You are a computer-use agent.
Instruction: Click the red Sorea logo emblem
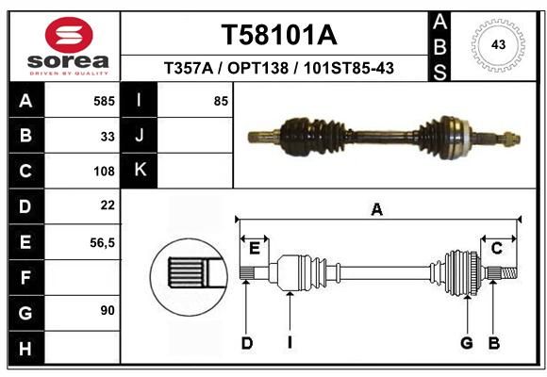click(69, 35)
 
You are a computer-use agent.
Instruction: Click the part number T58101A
click(279, 35)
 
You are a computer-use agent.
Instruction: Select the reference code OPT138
click(257, 68)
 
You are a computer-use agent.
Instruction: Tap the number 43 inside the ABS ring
click(498, 44)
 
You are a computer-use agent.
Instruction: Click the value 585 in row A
click(104, 101)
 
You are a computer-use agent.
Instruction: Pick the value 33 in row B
click(108, 137)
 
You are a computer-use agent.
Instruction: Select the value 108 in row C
click(104, 172)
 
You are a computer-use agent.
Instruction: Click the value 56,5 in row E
click(102, 243)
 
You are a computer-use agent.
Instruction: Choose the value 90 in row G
click(108, 310)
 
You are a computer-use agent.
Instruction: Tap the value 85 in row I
click(221, 101)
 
